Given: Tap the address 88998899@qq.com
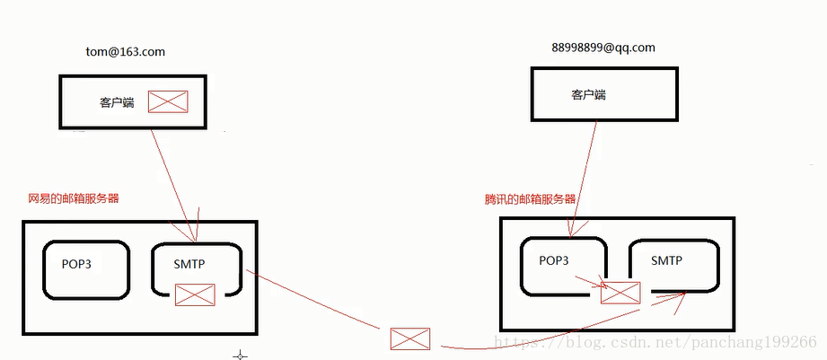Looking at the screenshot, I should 604,48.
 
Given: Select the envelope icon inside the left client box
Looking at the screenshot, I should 168,101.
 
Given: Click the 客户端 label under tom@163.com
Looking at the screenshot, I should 117,102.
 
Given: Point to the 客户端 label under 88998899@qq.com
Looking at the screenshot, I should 588,93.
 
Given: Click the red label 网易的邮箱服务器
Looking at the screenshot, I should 74,198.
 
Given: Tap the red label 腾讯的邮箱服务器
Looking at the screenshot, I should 530,199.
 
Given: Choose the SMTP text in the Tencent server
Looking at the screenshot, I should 666,260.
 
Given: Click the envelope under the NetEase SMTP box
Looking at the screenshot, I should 195,294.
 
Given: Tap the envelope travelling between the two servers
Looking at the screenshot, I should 409,338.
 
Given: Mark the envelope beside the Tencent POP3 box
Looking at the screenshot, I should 620,292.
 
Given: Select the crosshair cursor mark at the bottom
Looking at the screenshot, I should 240,356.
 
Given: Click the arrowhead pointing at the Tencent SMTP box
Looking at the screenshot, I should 683,297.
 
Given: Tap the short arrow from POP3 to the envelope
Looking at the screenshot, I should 588,283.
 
